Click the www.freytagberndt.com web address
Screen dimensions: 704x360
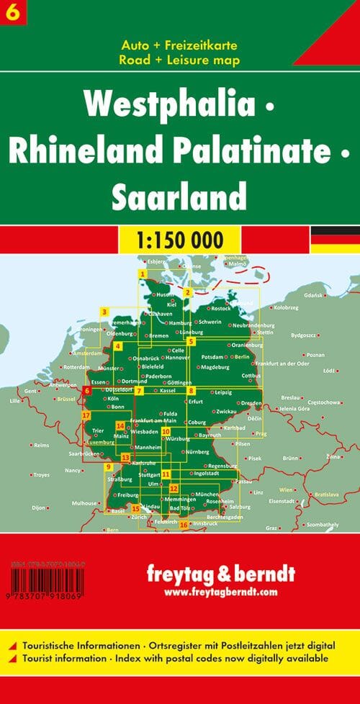click(220, 592)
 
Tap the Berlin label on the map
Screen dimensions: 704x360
click(241, 356)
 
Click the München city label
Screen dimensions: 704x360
click(207, 494)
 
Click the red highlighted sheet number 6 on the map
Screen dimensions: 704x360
click(87, 390)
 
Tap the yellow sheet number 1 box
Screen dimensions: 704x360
click(143, 274)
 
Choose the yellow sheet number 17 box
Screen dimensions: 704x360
click(86, 416)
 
